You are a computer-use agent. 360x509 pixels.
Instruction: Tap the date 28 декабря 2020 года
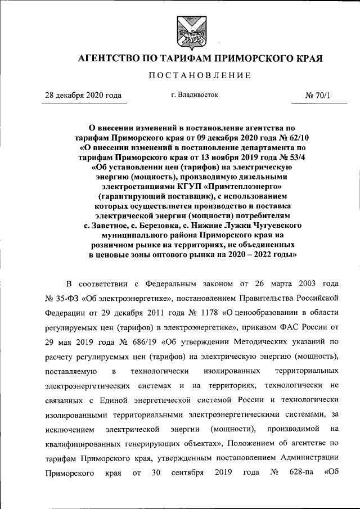[x=83, y=96]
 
